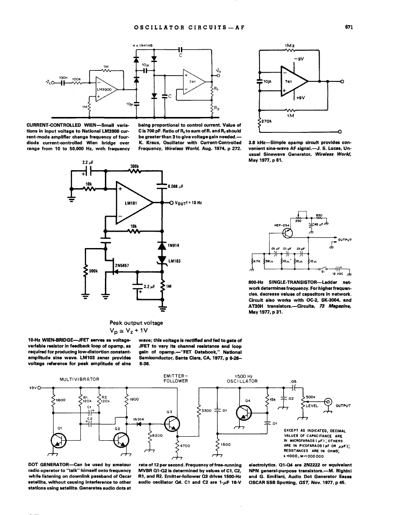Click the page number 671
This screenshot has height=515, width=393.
tap(350, 27)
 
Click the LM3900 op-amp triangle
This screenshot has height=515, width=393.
tap(104, 89)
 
